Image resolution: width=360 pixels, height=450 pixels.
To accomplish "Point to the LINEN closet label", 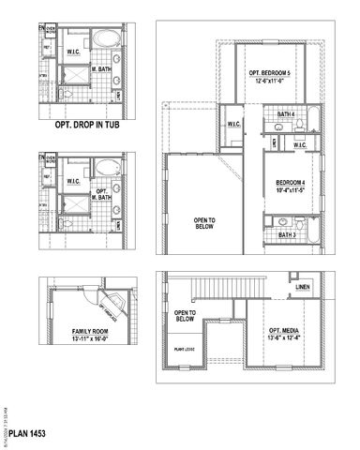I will tap(302, 286).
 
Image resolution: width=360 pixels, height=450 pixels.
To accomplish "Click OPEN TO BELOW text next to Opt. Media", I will tap(185, 315).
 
